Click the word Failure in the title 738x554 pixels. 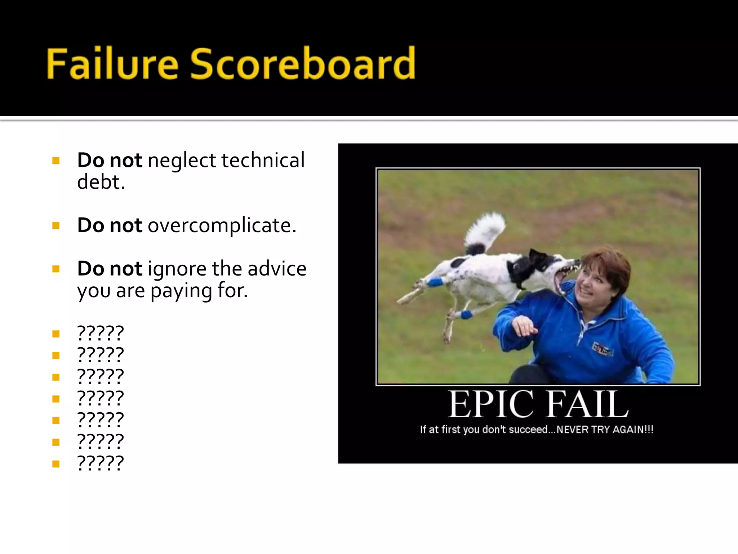coord(112,64)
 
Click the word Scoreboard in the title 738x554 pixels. coord(302,64)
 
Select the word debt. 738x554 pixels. coord(101,182)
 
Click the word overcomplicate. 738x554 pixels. coord(222,225)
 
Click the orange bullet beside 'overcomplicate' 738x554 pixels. coord(56,226)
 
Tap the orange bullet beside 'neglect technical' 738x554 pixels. coord(56,161)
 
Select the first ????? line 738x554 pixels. coord(101,333)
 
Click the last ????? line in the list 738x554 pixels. coord(101,463)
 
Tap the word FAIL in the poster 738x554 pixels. coord(587,405)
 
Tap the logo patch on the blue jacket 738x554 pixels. coord(603,348)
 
